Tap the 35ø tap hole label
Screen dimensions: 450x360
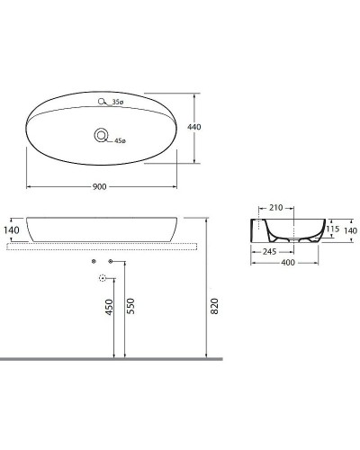[118, 102]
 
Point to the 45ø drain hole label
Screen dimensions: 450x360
[121, 139]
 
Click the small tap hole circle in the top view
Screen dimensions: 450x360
[103, 102]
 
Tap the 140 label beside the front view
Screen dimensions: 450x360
[11, 231]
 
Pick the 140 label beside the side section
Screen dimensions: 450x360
[350, 230]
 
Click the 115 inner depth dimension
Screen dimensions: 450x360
[333, 229]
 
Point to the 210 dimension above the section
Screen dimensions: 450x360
[275, 208]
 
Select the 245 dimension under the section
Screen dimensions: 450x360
[269, 250]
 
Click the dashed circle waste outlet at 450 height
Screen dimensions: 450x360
[102, 279]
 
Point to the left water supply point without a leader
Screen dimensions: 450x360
[94, 261]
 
